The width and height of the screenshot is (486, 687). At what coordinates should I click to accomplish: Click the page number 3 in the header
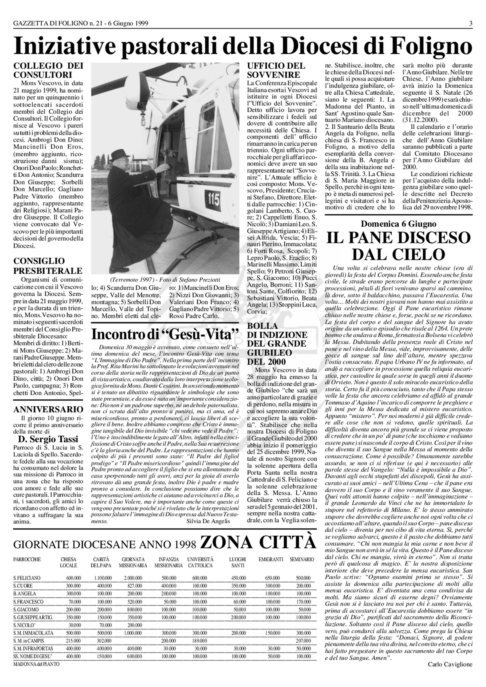(471, 23)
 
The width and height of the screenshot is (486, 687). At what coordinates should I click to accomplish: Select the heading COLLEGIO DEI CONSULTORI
(48, 70)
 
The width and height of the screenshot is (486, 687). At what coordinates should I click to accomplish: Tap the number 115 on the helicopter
(214, 199)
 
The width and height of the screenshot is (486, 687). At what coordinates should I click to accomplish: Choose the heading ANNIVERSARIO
(48, 410)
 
